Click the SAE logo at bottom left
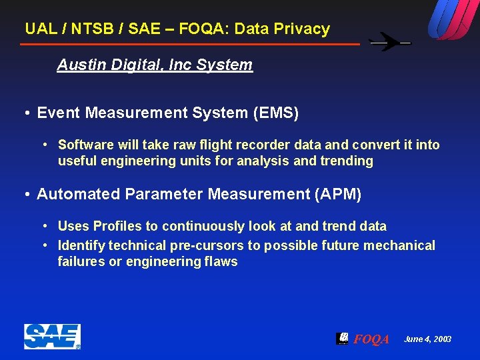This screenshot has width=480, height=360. (x=52, y=337)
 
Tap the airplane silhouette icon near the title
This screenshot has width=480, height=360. (x=390, y=43)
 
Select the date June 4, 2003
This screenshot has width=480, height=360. (x=427, y=339)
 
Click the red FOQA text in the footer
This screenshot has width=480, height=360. (x=371, y=339)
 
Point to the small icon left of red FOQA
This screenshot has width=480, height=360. (x=342, y=338)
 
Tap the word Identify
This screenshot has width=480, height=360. (x=81, y=245)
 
